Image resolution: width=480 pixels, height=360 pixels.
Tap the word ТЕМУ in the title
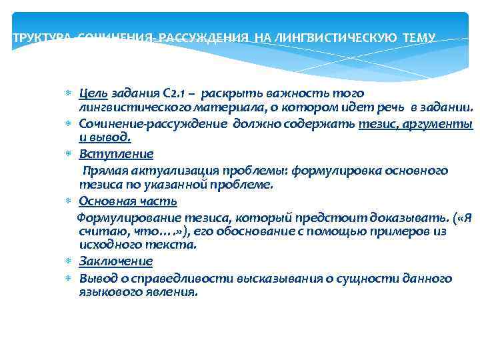pyautogui.click(x=420, y=39)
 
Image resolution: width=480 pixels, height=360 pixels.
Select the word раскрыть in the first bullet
pyautogui.click(x=230, y=93)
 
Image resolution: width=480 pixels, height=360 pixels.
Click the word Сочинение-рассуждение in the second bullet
pyautogui.click(x=153, y=124)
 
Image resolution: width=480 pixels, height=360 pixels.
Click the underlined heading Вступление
pyautogui.click(x=116, y=154)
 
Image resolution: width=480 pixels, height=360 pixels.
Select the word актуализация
pyautogui.click(x=167, y=171)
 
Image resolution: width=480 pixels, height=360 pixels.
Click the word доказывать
pyautogui.click(x=401, y=217)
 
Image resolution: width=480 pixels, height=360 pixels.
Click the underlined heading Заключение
pyautogui.click(x=115, y=261)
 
